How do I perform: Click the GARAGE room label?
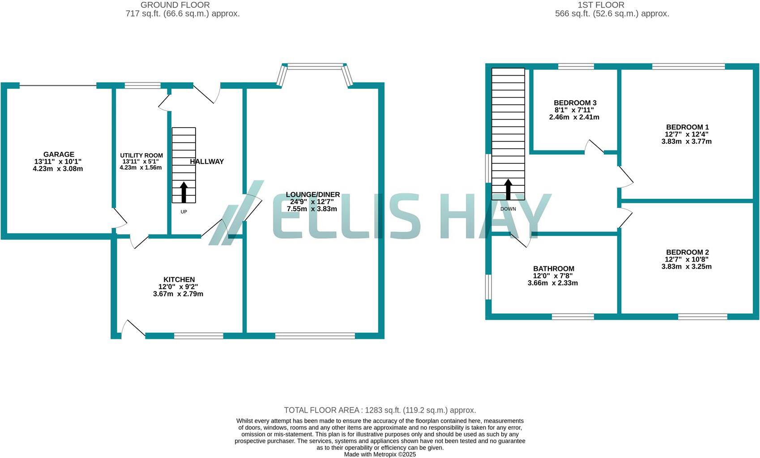point(59,154)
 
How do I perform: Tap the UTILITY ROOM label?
point(141,155)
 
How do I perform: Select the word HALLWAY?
point(207,162)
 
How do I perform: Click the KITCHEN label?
point(179,279)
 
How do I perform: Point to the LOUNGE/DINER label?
point(313,194)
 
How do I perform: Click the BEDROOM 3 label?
point(575,103)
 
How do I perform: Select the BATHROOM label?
point(553,269)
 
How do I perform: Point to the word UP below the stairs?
point(184,212)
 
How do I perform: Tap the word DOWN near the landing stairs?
point(508,209)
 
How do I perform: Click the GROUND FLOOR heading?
point(175,5)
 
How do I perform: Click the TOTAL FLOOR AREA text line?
point(380,410)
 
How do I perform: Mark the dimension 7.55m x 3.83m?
point(312,209)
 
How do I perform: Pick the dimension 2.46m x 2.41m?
point(574,117)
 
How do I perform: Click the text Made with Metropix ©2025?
point(380,454)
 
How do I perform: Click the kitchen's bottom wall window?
point(198,336)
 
